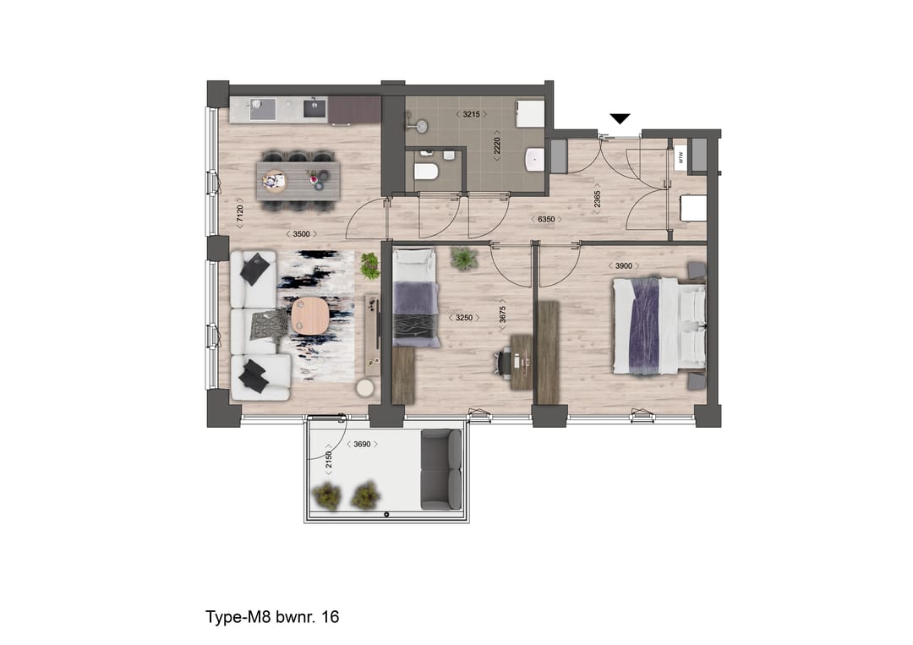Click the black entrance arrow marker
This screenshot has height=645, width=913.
tap(621, 118)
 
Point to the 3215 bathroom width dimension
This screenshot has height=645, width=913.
tap(472, 113)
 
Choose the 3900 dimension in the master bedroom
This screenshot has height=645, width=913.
tap(623, 266)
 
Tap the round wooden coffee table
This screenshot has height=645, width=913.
tap(309, 317)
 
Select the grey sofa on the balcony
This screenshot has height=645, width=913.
tap(441, 469)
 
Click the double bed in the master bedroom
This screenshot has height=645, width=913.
tap(659, 325)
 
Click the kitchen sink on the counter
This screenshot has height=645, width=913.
tap(262, 108)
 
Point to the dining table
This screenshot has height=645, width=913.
tap(298, 179)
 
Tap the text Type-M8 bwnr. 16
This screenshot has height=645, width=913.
tap(272, 617)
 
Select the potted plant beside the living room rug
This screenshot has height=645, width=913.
tap(369, 265)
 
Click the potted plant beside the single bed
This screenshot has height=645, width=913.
tap(463, 257)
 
